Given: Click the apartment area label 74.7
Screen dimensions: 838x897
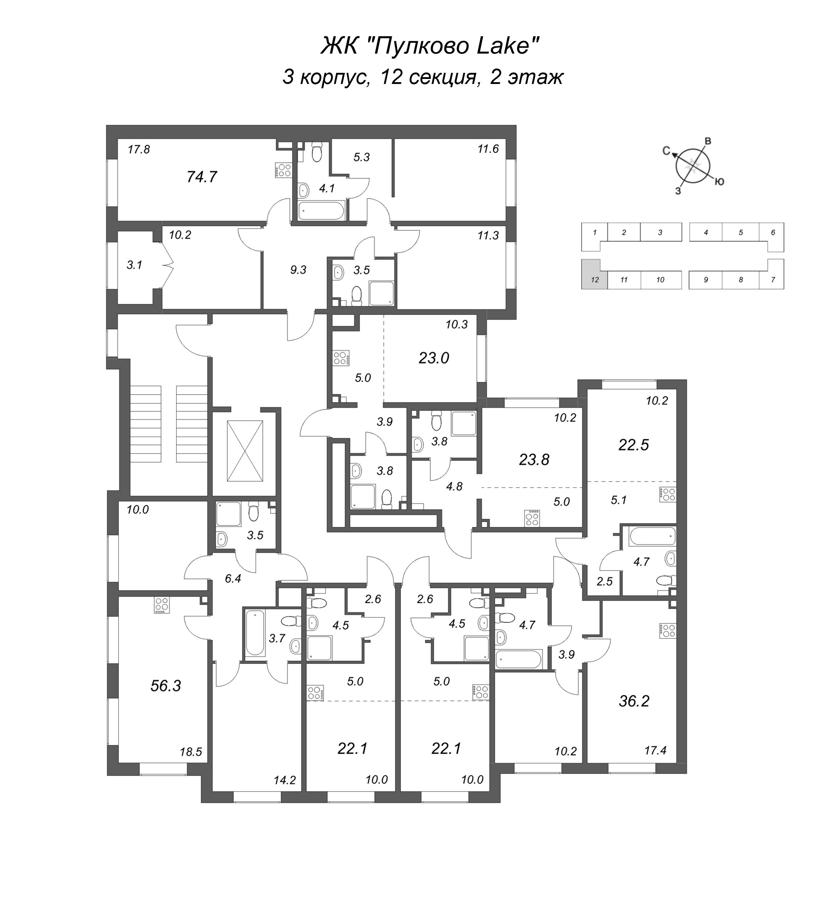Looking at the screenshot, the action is click(x=202, y=177).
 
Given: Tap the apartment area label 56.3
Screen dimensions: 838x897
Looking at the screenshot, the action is click(x=166, y=685).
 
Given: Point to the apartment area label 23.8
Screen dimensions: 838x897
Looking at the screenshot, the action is click(x=534, y=459).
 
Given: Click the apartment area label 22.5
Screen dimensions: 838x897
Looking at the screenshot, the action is click(x=633, y=445).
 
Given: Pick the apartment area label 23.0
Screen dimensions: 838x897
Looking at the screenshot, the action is click(x=433, y=358).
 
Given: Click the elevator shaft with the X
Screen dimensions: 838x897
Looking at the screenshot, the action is click(x=245, y=451).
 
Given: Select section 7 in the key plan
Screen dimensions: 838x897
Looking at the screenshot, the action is click(x=773, y=274).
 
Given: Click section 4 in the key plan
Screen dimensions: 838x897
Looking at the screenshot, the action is click(x=706, y=233).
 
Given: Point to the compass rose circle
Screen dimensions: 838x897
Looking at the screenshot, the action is click(x=693, y=166).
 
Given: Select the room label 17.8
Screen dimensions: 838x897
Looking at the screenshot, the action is click(x=139, y=149).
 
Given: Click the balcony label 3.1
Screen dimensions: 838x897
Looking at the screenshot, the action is click(x=134, y=265).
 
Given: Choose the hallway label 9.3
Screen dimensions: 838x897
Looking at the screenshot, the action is click(x=298, y=270).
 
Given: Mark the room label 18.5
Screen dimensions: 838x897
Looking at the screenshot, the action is click(x=191, y=752).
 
